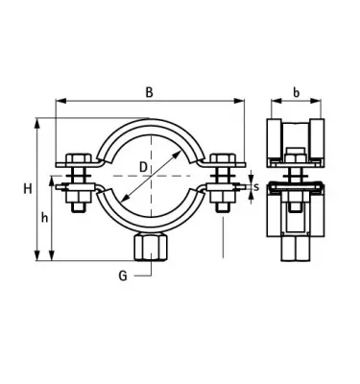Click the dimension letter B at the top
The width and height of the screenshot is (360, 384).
point(149,92)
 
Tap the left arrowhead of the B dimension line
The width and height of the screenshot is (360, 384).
point(60,101)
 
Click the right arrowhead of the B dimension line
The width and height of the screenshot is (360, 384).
point(239,101)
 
